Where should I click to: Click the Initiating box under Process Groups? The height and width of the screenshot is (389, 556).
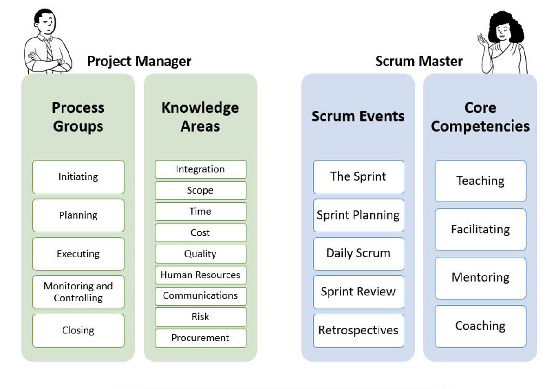78,177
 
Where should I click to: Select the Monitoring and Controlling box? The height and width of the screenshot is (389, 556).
78,292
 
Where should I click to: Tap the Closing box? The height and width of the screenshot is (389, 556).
78,331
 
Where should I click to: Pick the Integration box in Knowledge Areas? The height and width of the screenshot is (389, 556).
200,169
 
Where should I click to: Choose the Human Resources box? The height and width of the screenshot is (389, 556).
200,275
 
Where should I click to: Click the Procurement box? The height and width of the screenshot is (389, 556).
200,338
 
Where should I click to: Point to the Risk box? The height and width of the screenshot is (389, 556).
200,317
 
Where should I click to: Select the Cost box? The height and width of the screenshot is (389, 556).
200,233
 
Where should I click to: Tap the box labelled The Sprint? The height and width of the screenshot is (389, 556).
358,177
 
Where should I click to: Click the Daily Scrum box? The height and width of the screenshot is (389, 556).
358,254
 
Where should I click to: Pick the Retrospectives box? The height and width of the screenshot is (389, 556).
358,331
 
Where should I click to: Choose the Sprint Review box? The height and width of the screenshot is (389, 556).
358,292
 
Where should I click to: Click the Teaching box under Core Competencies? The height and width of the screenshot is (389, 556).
480,181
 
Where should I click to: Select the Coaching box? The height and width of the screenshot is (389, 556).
480,326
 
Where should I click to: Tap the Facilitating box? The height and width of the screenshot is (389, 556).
480,230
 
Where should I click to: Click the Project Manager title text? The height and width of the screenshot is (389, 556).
139,61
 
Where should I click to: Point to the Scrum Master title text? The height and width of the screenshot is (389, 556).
419,61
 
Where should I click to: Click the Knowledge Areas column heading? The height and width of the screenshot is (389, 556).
200,117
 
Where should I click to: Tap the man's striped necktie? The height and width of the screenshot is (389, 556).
49,50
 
